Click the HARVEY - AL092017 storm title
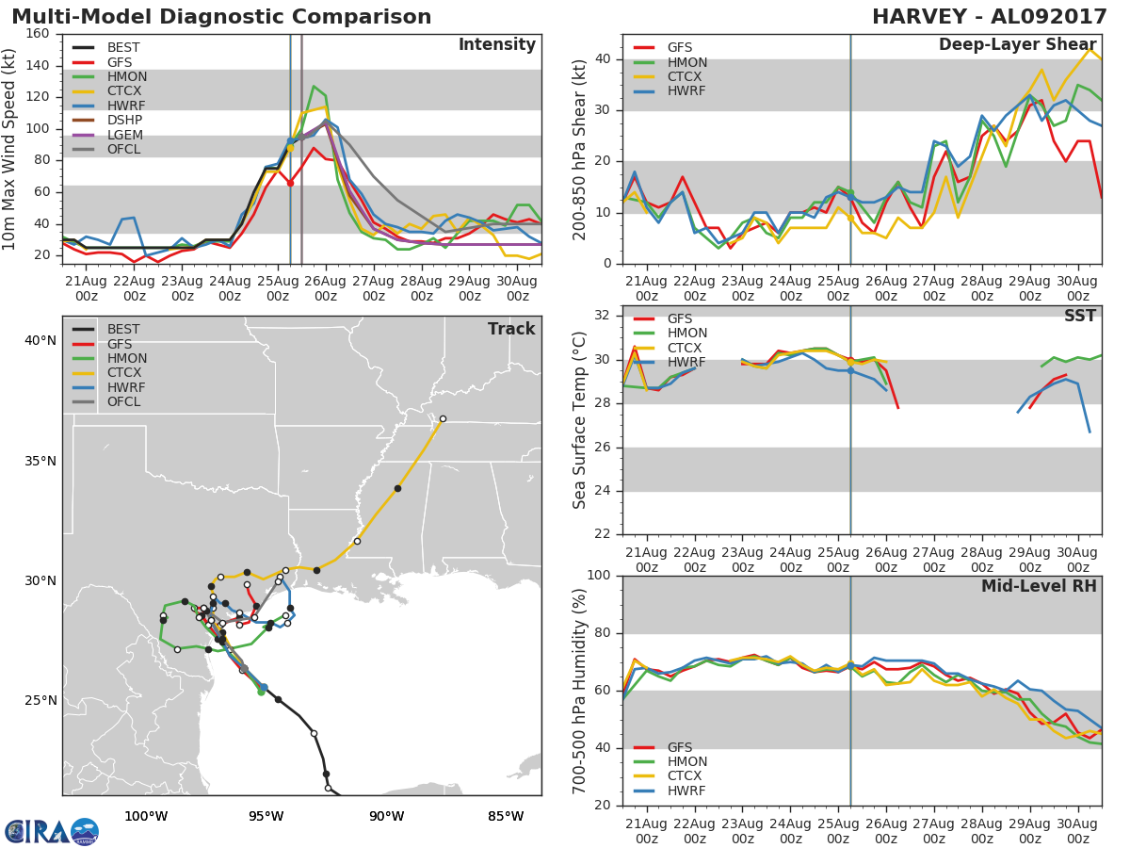coord(989,16)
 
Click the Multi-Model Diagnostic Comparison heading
coord(221,16)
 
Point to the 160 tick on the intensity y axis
coord(38,34)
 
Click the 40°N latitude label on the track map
coord(40,341)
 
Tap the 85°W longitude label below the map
coord(506,817)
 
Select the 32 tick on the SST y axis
coord(602,315)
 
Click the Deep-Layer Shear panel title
coord(1017,45)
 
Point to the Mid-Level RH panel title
coord(1039,586)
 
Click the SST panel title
coord(1080,316)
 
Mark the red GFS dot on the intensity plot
coord(290,184)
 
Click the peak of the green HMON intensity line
coord(314,86)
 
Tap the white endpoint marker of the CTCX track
coord(443,419)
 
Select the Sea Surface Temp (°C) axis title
coord(579,420)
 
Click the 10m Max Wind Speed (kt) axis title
coord(8,150)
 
